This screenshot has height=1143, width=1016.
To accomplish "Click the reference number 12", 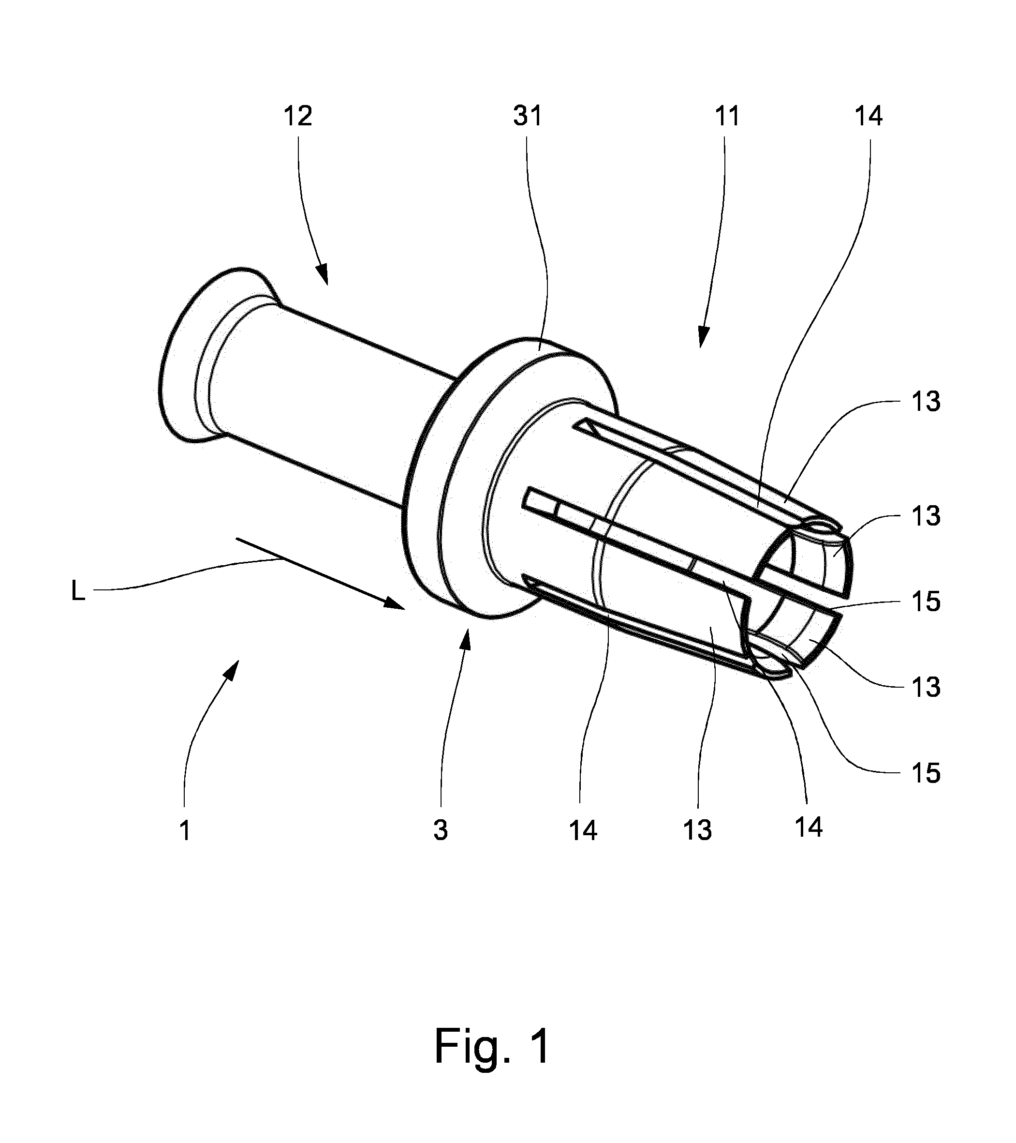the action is click(298, 116).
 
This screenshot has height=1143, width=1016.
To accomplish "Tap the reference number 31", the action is click(527, 116).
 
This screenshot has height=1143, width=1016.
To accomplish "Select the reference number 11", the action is click(727, 116).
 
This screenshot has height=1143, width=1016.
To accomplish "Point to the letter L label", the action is click(78, 591).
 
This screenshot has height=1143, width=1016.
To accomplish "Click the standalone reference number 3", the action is click(441, 830).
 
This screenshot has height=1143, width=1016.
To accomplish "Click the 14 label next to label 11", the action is click(869, 116).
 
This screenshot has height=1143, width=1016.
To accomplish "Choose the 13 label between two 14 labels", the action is click(697, 830).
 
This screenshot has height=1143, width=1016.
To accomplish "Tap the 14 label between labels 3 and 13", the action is click(583, 830).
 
